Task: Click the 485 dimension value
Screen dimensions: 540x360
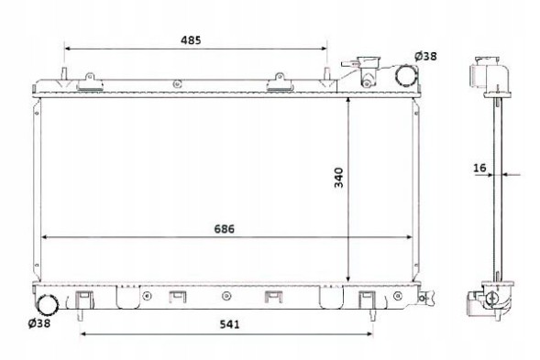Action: (191, 40)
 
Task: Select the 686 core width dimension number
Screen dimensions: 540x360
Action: (225, 229)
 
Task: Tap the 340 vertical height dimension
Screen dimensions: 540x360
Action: (339, 178)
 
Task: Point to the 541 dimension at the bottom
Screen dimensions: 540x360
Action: (229, 324)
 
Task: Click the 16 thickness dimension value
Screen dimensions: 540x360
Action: (479, 168)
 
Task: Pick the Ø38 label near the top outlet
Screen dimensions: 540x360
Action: (425, 56)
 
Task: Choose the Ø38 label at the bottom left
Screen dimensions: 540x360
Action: (39, 323)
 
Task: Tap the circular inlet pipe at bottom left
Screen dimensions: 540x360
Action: (48, 305)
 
